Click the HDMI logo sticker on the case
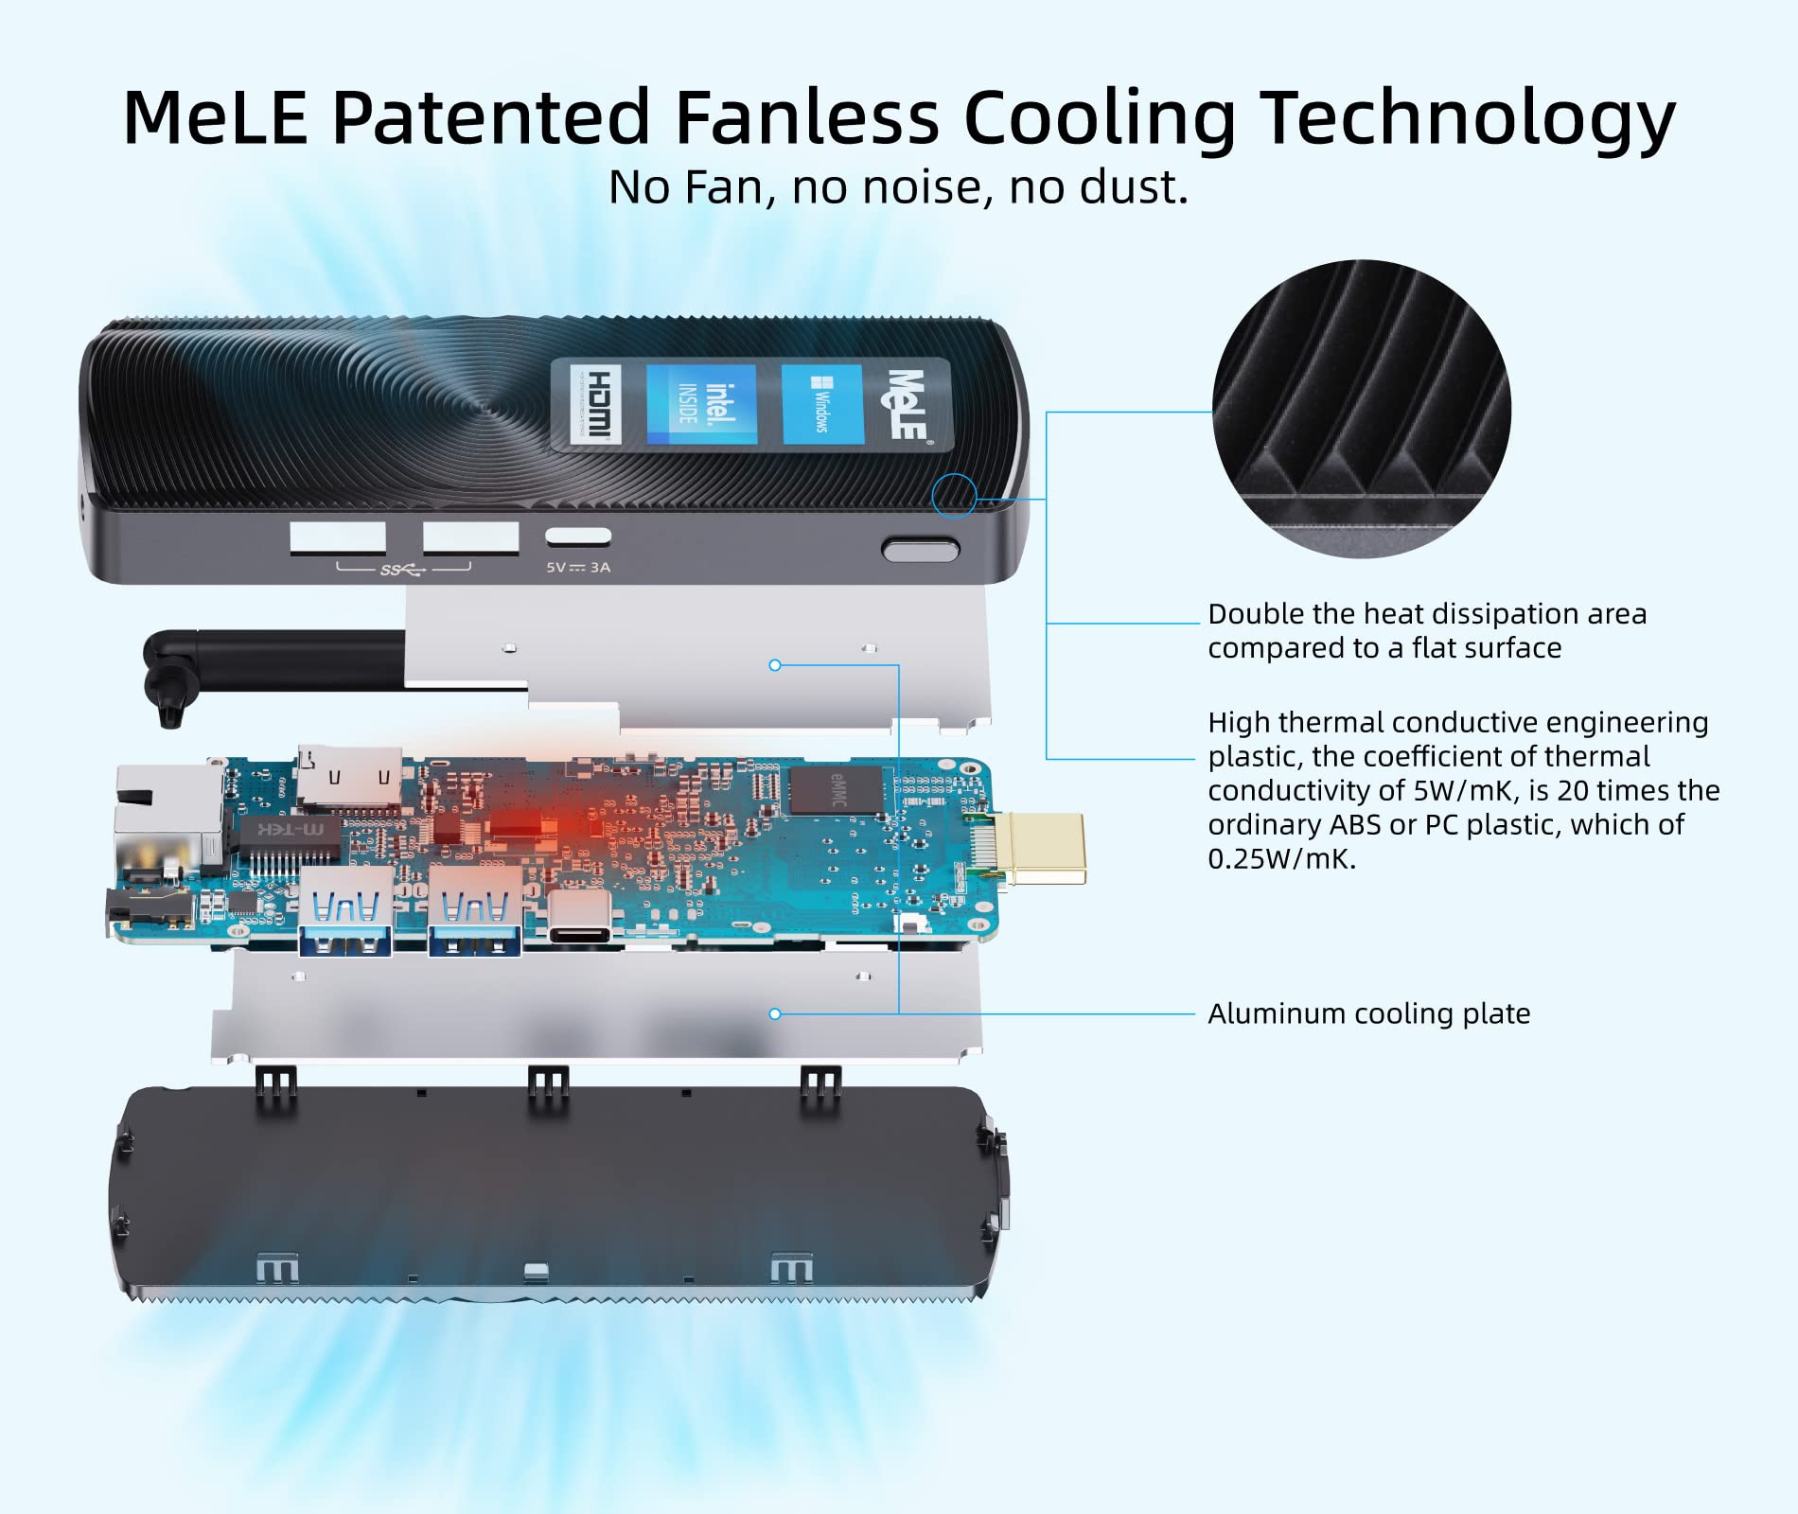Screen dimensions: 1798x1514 click(x=595, y=404)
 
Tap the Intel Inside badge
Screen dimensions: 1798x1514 click(x=701, y=404)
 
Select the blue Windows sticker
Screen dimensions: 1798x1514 click(x=822, y=405)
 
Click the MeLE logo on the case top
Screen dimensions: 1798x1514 click(x=907, y=404)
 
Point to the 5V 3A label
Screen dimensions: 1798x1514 click(x=578, y=568)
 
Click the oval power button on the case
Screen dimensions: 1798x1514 click(x=920, y=549)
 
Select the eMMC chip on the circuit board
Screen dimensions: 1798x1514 click(x=837, y=789)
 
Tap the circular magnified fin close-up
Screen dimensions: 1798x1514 click(x=1361, y=409)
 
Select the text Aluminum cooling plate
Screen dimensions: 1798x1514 click(x=1368, y=1013)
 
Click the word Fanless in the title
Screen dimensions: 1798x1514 click(x=806, y=117)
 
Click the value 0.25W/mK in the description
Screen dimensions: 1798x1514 click(x=1281, y=859)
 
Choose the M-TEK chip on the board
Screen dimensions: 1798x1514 click(x=288, y=829)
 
